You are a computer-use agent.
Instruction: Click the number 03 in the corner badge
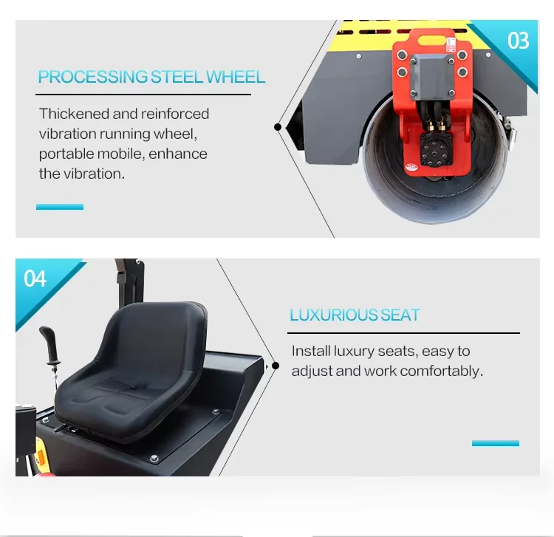519,39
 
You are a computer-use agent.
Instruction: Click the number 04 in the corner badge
35,278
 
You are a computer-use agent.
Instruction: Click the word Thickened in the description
73,114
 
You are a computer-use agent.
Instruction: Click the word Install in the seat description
311,351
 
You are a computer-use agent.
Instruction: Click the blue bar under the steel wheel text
60,207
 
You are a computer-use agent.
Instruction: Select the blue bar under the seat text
495,443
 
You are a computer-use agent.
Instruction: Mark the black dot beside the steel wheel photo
278,127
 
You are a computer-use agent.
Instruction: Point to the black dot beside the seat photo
276,365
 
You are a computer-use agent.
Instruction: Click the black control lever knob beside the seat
48,340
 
